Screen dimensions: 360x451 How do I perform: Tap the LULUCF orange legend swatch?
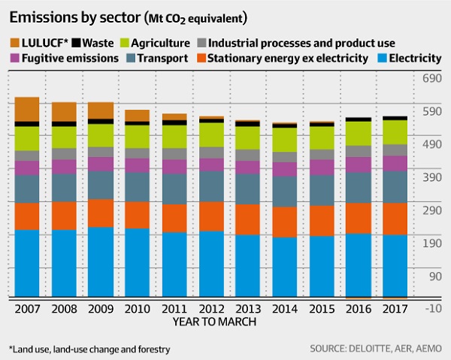point(15,43)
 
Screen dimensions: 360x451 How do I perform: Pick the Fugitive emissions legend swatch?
point(15,57)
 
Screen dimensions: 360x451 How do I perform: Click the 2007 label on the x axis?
point(27,309)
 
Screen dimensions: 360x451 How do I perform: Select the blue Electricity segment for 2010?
point(137,262)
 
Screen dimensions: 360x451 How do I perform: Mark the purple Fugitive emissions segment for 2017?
point(395,163)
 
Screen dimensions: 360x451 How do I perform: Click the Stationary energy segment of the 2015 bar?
point(322,220)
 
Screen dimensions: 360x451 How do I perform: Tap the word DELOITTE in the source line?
point(357,349)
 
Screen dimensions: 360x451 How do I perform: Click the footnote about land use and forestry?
point(89,349)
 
